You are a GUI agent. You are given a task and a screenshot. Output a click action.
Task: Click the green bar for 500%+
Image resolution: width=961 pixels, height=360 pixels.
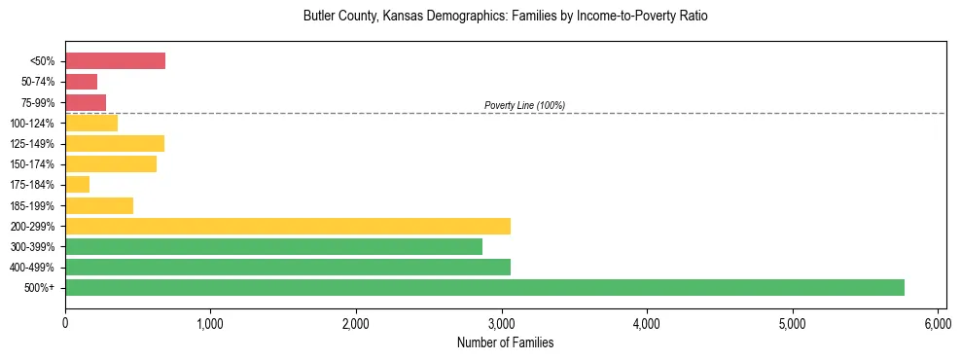[x=484, y=288]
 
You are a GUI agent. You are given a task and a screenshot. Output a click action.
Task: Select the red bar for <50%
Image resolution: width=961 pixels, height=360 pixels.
[x=115, y=61]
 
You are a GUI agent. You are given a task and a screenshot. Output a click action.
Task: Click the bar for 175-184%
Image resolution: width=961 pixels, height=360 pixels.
[x=78, y=185]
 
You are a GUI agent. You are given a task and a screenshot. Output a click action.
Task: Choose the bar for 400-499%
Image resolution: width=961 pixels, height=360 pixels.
[x=288, y=268]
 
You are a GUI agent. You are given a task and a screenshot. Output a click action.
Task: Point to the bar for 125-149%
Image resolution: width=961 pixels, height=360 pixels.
[x=115, y=144]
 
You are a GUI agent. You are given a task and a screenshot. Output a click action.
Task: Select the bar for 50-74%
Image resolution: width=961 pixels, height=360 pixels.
[x=82, y=82]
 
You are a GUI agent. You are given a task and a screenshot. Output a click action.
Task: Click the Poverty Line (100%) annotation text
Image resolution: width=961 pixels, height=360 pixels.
[x=524, y=105]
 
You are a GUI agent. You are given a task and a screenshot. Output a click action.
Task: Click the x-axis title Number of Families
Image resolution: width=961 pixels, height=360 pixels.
[x=505, y=342]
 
